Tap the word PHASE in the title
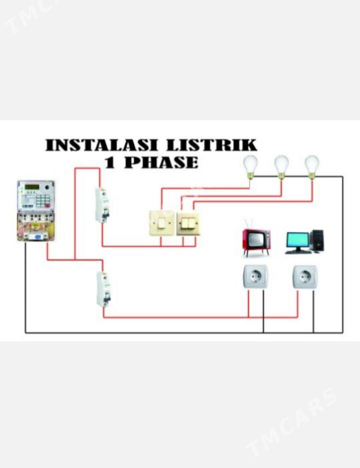coord(161,163)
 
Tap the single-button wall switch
coord(162,223)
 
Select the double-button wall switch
coord(188,224)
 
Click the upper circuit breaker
coord(102,205)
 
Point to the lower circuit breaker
coord(103,289)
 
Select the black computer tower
coord(317,241)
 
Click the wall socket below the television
coord(255,277)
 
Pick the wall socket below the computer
coord(304,277)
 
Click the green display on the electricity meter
coord(32,187)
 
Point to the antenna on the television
coord(249,224)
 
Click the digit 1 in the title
coord(109,163)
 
